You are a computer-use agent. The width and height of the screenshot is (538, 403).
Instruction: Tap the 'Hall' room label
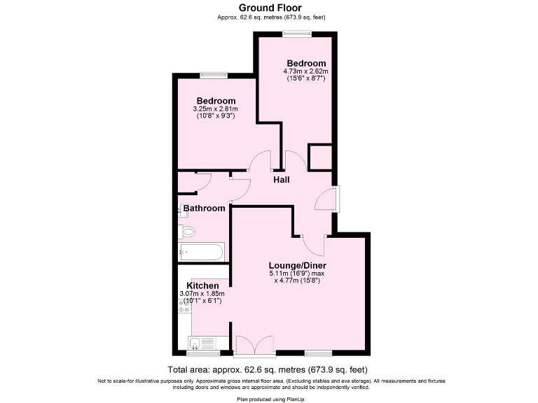(282, 180)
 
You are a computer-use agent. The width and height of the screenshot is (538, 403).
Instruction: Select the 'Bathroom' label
(204, 208)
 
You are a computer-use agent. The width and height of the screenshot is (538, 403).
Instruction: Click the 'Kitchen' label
(202, 285)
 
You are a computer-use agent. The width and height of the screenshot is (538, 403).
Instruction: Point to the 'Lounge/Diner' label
(298, 266)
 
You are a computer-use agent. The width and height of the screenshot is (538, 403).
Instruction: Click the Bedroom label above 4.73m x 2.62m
(306, 63)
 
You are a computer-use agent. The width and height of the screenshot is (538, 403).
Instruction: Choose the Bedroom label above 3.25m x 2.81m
(216, 101)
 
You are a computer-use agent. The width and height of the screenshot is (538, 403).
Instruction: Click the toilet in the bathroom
(188, 232)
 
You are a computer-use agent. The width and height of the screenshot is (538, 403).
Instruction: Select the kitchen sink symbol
(203, 342)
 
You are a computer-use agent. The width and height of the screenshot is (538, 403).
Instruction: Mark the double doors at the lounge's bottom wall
(254, 344)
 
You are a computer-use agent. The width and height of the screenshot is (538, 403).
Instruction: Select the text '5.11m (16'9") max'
(298, 274)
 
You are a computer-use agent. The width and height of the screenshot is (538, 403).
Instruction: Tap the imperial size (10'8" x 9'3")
(216, 116)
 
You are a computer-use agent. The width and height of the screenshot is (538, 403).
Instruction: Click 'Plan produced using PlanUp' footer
(268, 398)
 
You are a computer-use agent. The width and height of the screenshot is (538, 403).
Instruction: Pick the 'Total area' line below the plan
(268, 369)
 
